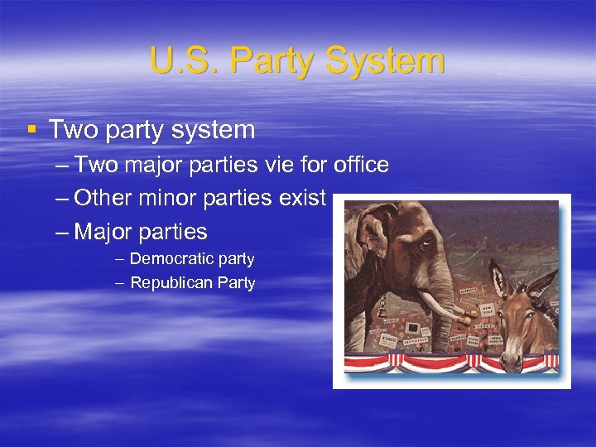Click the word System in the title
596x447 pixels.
point(385,61)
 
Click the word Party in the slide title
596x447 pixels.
point(271,61)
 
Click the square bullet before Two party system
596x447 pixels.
point(31,129)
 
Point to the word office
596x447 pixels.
point(362,165)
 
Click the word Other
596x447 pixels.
point(103,198)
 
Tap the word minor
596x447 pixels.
point(171,198)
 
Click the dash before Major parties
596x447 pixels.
point(63,231)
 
